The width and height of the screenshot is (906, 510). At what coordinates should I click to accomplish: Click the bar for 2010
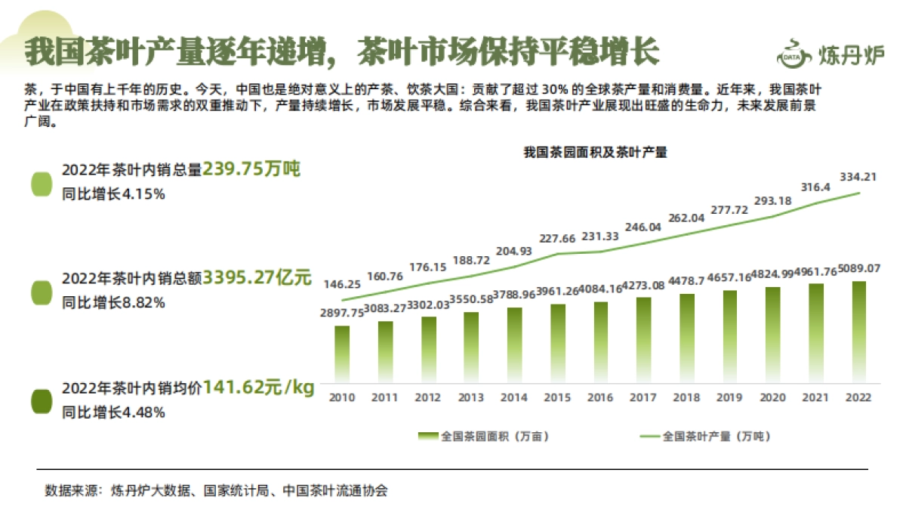click(x=342, y=354)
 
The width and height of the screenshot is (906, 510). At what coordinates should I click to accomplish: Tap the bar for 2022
click(x=859, y=331)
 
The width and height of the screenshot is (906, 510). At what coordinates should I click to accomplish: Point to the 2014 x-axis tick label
click(x=514, y=397)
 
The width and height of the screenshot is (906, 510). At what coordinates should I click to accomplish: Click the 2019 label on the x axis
click(x=729, y=397)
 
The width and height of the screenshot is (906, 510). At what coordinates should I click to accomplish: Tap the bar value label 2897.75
click(x=341, y=313)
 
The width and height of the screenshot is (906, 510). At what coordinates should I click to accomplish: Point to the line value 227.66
click(x=558, y=239)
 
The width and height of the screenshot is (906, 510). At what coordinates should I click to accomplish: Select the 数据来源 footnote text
click(x=216, y=490)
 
